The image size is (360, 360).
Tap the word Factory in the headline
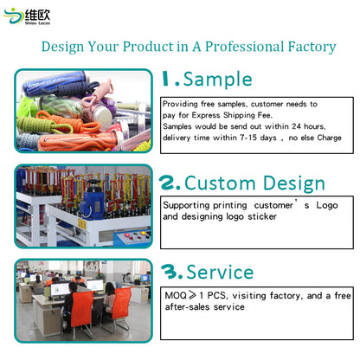tap(305, 46)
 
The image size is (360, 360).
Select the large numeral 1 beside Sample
tap(167, 80)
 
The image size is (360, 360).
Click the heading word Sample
tap(217, 80)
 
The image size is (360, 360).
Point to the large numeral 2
tap(170, 183)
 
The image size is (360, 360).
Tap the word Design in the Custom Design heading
tap(291, 183)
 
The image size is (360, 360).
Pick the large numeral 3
tap(170, 273)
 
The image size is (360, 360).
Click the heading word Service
tap(220, 273)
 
